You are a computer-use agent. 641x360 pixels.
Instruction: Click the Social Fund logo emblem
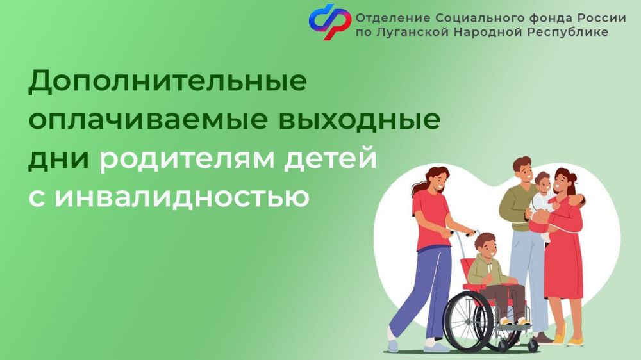pyautogui.click(x=330, y=22)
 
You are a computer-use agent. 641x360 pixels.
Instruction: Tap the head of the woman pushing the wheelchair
pyautogui.click(x=437, y=179)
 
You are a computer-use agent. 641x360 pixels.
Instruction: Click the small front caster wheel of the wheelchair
pyautogui.click(x=533, y=344)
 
